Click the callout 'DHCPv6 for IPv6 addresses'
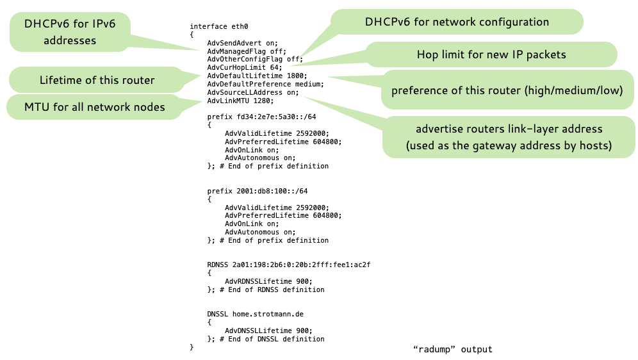point(70,32)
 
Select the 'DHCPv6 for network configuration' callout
point(457,22)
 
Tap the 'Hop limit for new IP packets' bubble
point(491,54)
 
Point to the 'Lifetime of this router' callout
point(97,81)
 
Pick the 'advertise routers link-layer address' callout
point(509,138)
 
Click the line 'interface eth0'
point(217,26)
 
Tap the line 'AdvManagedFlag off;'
point(246,51)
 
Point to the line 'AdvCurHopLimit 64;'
point(244,67)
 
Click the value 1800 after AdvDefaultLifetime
point(297,76)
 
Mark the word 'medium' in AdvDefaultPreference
point(309,84)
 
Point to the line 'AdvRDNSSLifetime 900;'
point(268,281)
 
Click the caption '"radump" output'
point(453,349)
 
